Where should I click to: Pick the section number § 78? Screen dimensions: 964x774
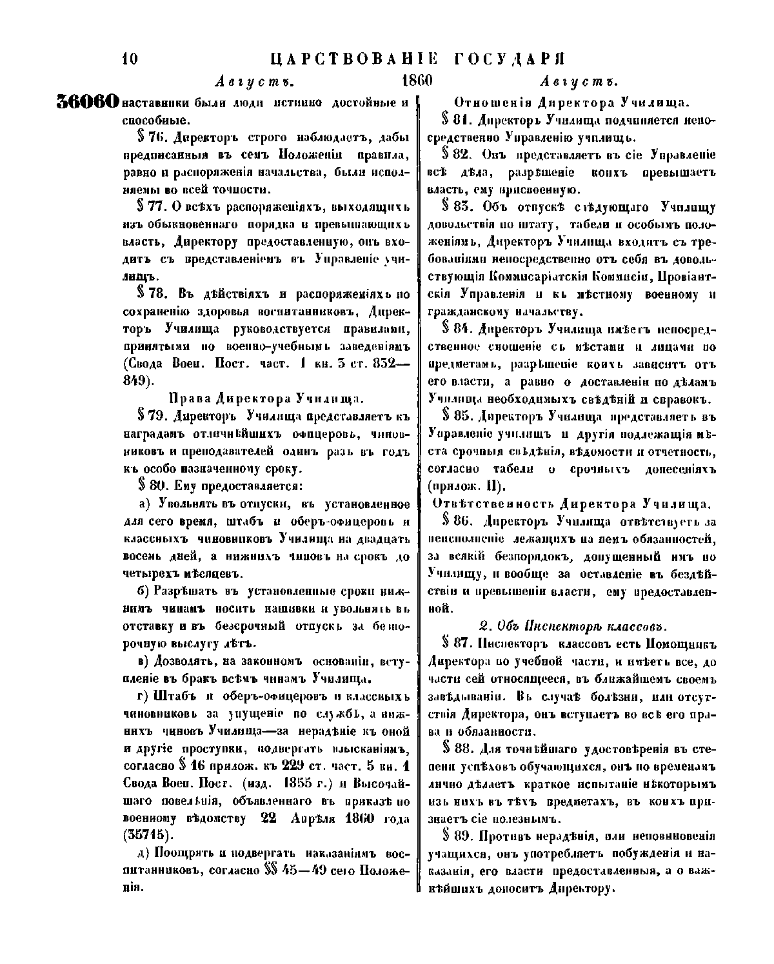point(150,294)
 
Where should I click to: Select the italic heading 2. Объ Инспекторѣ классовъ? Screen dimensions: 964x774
point(573,625)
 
